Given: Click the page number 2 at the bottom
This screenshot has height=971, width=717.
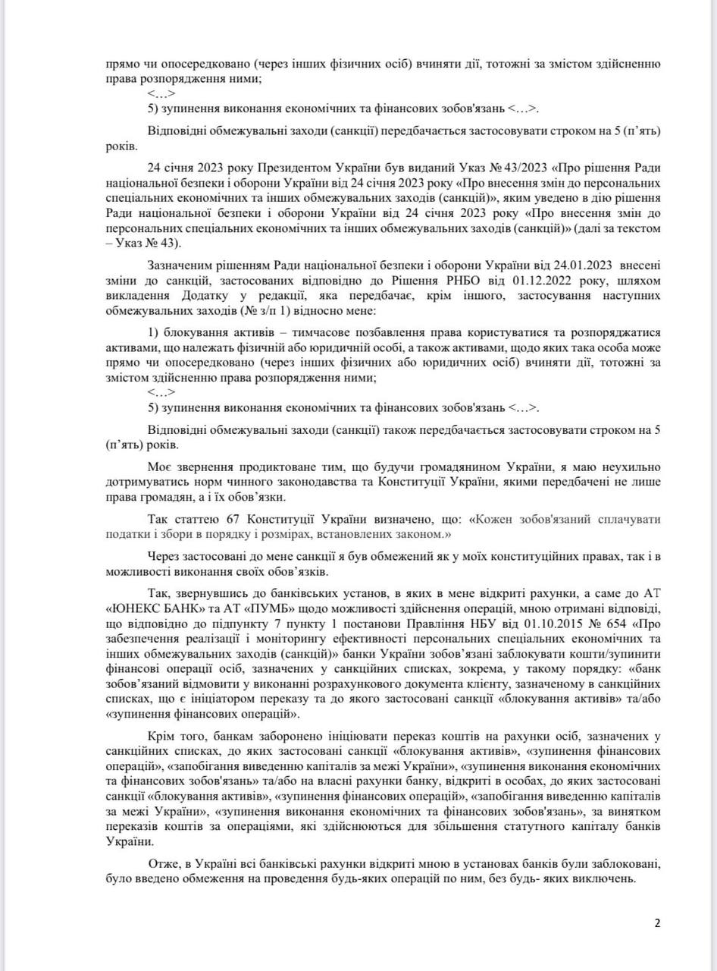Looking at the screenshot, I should [657, 923].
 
